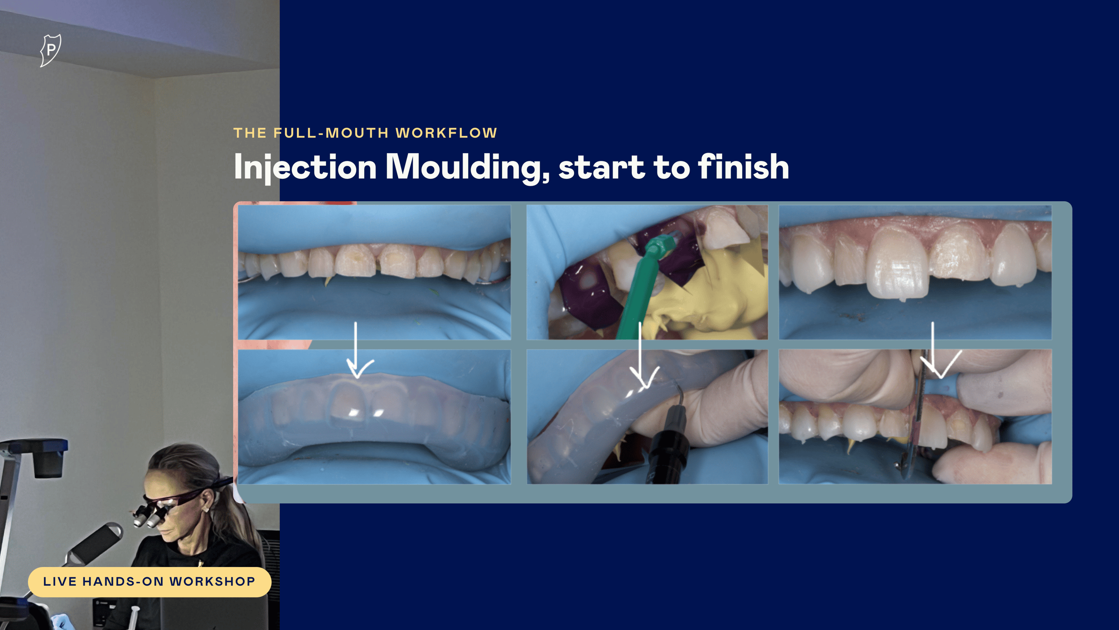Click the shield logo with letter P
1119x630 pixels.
coord(51,50)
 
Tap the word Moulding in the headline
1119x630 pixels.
coord(468,167)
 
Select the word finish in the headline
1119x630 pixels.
coord(744,167)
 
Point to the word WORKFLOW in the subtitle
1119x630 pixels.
coord(447,133)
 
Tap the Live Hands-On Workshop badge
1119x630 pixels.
coord(150,582)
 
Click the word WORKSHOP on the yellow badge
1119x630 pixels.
coord(212,581)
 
